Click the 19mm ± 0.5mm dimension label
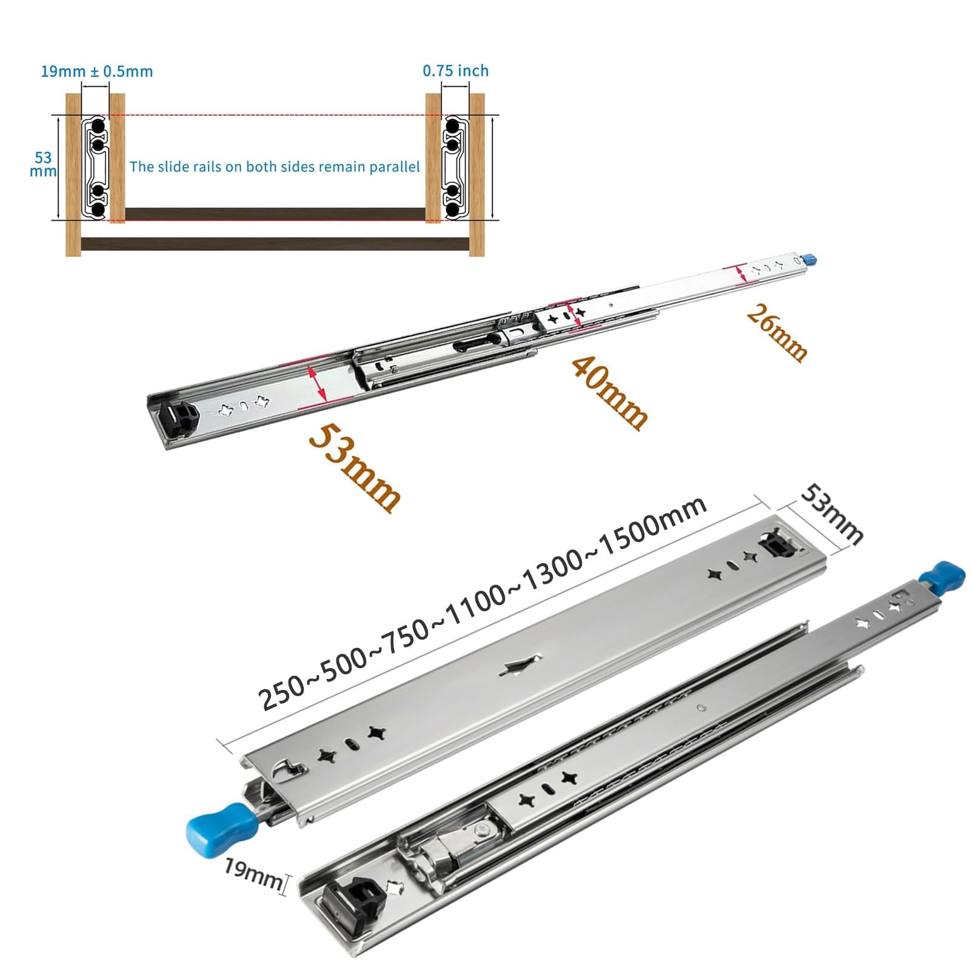(x=97, y=72)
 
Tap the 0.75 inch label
(x=456, y=71)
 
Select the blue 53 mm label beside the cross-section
(x=43, y=164)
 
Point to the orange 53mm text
(x=354, y=467)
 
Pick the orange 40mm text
(x=609, y=393)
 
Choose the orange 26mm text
(x=777, y=333)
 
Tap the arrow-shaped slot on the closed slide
(x=521, y=665)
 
